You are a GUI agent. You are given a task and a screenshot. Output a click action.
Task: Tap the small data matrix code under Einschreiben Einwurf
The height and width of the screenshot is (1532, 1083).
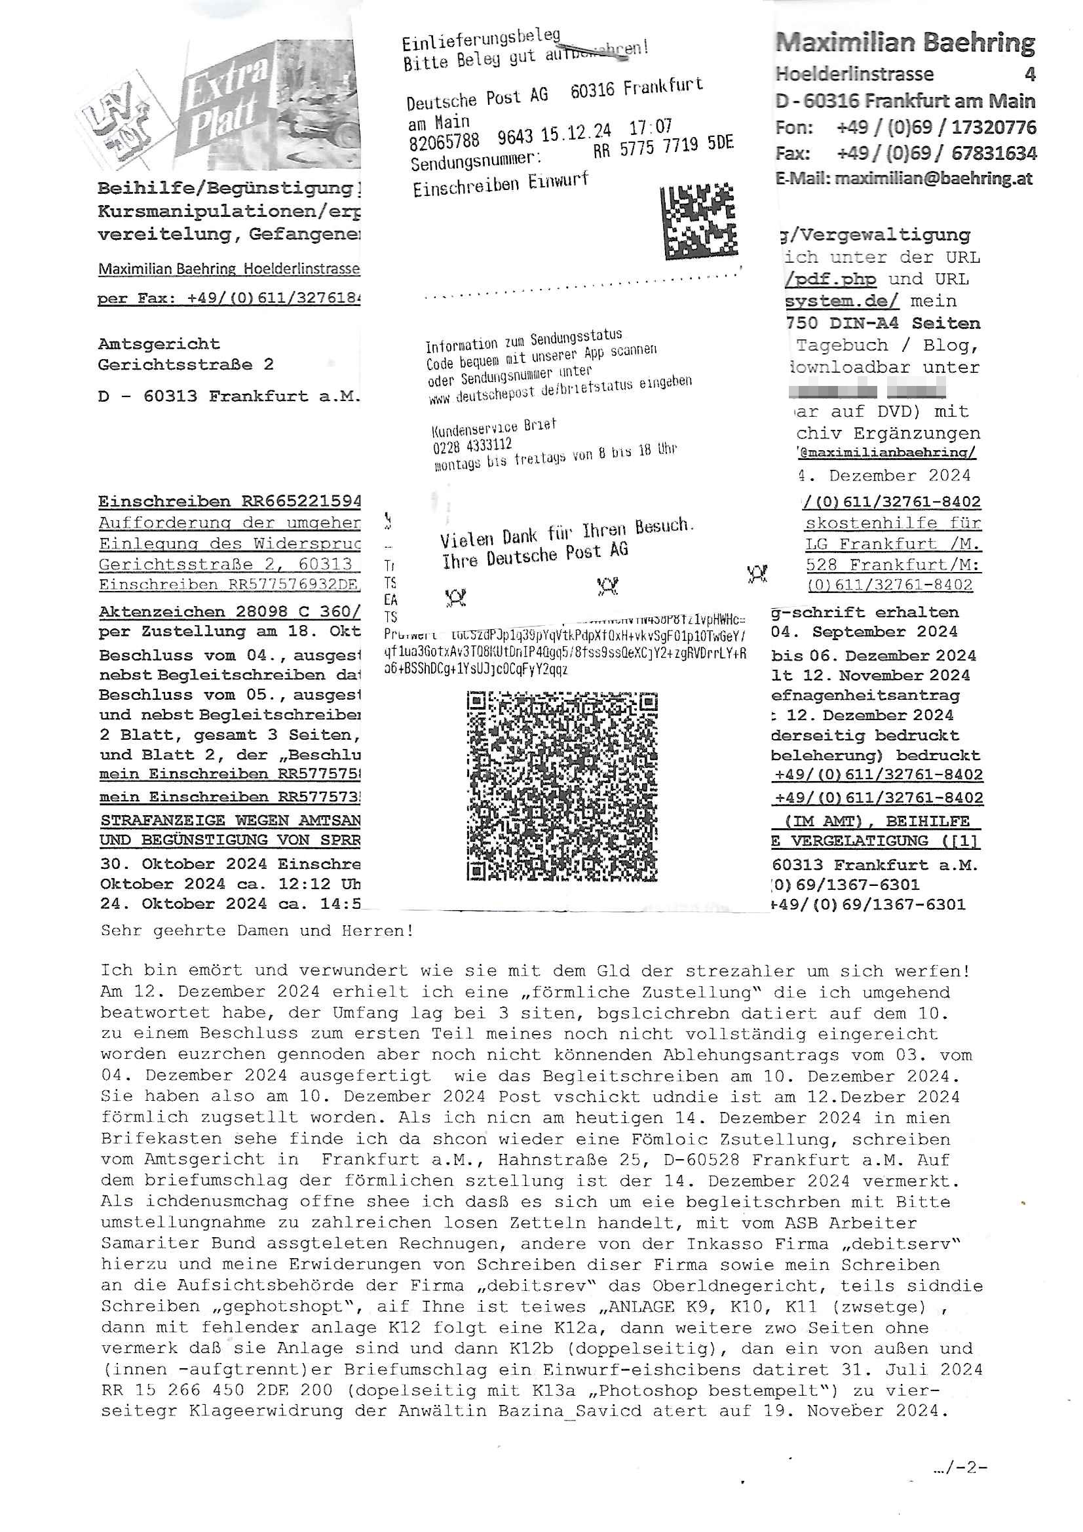click(698, 221)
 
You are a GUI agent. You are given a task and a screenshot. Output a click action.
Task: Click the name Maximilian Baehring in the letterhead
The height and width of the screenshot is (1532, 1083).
click(904, 43)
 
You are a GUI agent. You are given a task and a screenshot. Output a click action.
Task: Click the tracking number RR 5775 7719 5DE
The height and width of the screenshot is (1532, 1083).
click(663, 146)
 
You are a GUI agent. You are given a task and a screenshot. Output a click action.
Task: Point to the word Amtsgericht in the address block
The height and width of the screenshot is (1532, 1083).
click(159, 344)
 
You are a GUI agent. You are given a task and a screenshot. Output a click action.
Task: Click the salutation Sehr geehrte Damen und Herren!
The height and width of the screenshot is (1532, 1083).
click(257, 930)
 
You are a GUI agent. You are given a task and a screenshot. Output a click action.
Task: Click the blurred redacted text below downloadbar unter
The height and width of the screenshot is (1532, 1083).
click(867, 388)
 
